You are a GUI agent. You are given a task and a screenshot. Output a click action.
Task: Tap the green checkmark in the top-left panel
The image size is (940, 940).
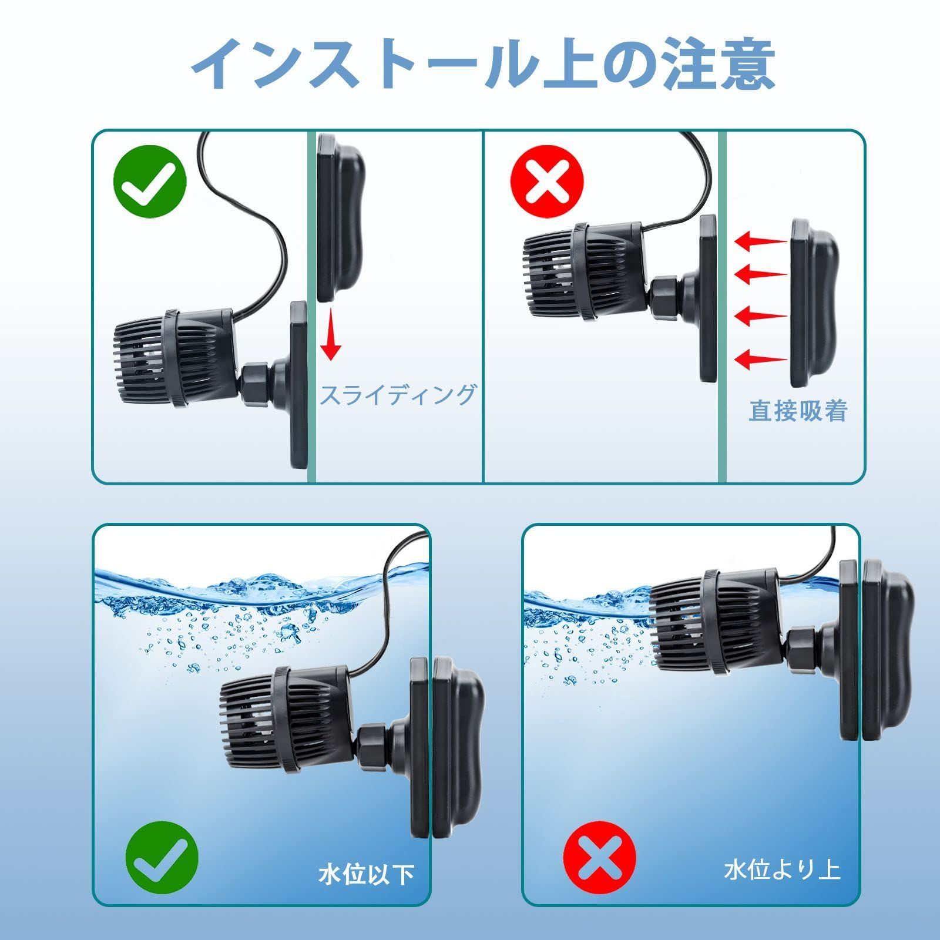(150, 182)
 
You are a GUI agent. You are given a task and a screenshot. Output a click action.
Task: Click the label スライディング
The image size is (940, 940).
(398, 394)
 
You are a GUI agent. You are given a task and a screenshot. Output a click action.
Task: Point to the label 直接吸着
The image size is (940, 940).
(798, 411)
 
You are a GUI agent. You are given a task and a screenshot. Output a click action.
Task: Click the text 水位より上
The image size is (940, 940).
(782, 869)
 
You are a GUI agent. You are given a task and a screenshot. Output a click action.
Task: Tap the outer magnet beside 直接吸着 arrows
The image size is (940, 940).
(814, 303)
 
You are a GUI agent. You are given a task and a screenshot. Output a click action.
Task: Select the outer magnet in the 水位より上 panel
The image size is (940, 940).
(887, 646)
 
